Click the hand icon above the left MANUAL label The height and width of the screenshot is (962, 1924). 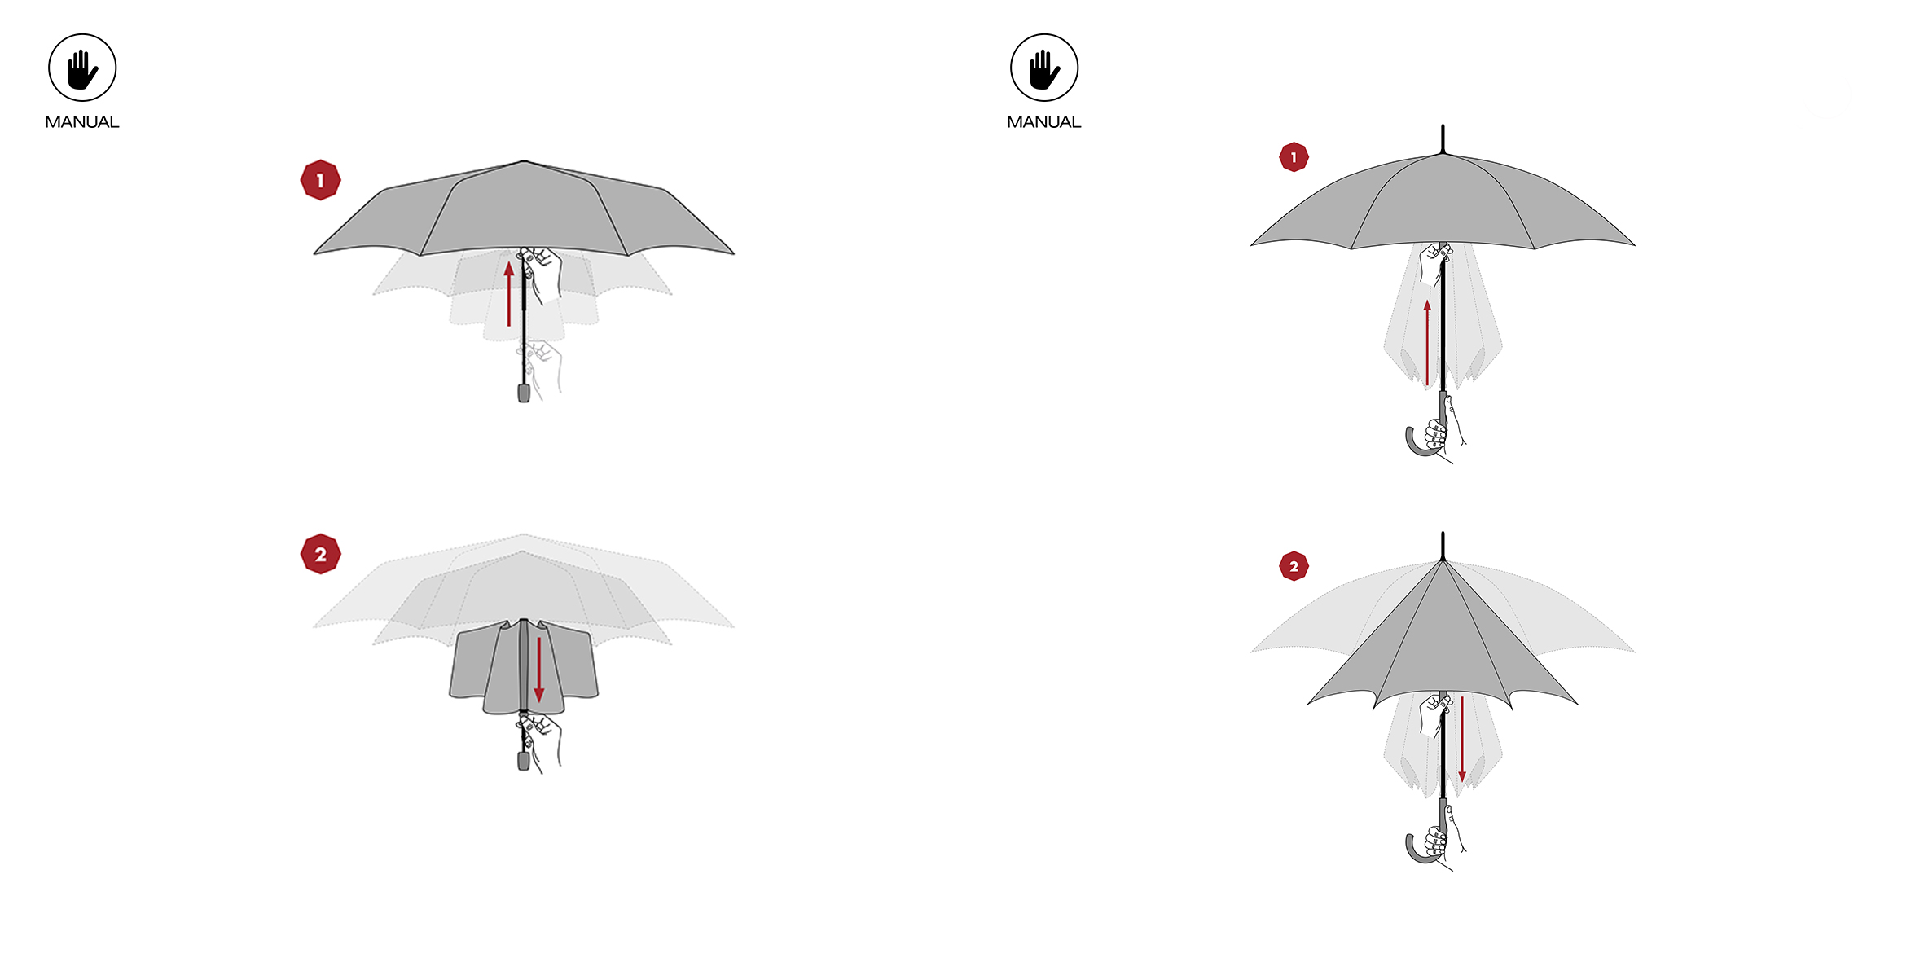[x=82, y=68]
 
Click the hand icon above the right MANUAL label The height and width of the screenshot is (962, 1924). [x=1044, y=68]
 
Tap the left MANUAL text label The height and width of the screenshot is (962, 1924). [x=82, y=122]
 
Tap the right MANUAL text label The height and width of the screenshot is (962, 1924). [x=1044, y=122]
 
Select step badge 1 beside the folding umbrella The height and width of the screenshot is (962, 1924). [x=320, y=180]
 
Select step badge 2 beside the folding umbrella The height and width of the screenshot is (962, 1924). [x=320, y=554]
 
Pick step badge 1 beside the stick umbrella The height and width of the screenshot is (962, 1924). [x=1294, y=157]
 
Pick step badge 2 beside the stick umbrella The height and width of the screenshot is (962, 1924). [x=1294, y=566]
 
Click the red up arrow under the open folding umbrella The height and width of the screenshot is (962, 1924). [x=509, y=294]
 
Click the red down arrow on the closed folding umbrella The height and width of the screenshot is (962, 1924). [x=538, y=670]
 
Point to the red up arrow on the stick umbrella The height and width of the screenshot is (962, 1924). [x=1427, y=342]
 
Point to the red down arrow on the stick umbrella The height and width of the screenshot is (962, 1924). [x=1462, y=740]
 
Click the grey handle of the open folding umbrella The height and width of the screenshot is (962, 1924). [x=524, y=393]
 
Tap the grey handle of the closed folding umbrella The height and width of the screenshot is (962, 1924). [x=524, y=761]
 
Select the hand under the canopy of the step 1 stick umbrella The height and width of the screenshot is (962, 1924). [x=1434, y=262]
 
